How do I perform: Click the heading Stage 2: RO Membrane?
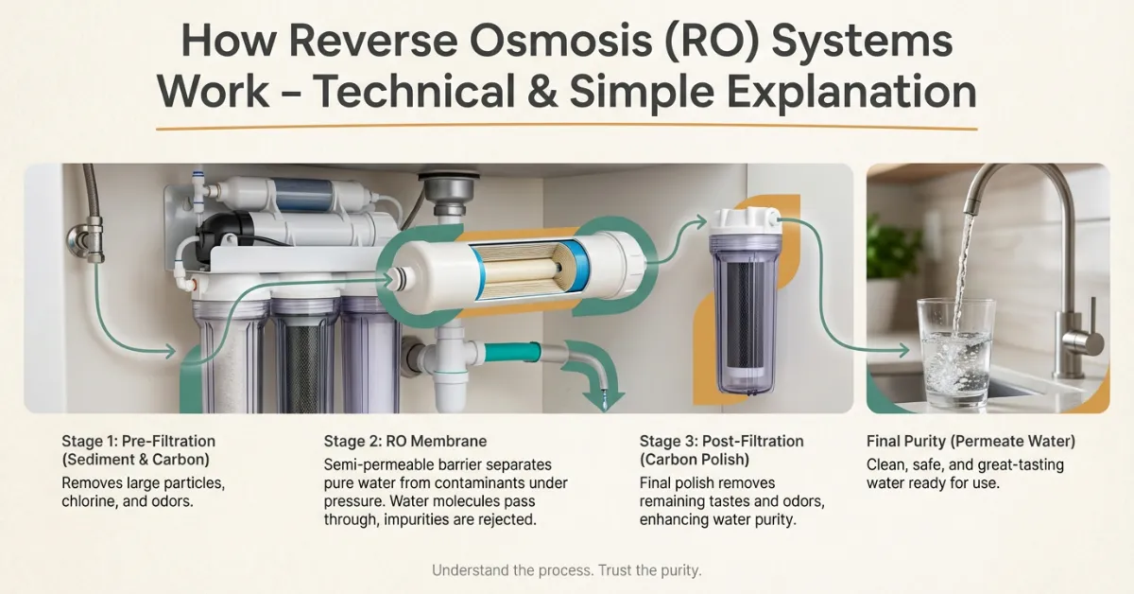[405, 441]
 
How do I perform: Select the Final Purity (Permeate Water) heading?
[971, 441]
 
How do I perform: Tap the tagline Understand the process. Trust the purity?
[566, 570]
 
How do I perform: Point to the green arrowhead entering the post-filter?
[700, 221]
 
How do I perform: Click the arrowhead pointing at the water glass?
[902, 350]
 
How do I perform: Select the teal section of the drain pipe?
[511, 351]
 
